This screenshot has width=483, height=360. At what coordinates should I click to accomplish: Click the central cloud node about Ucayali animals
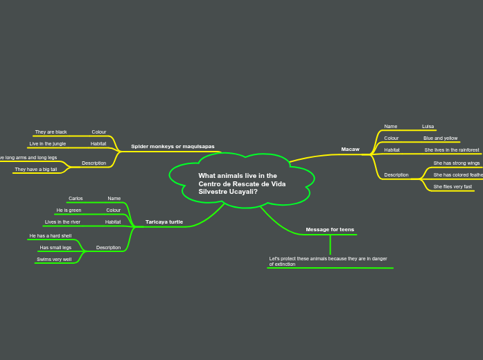coord(242,183)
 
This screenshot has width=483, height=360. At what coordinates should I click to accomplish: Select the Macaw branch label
coord(350,150)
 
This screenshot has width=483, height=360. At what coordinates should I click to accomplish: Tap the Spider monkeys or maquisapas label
coord(173,147)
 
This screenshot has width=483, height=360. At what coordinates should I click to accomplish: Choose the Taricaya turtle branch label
coord(164,222)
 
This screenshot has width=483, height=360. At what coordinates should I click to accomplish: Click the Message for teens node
coord(330,230)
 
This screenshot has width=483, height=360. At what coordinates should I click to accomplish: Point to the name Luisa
coord(428,127)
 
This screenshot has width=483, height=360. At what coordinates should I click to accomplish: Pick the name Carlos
coord(76,199)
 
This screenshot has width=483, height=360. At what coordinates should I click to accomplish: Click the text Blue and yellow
coord(441,138)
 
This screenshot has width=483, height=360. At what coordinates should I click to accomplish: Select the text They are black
coord(51,132)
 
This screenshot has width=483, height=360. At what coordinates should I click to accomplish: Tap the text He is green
coord(69,210)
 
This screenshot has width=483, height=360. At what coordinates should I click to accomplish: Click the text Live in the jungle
coord(48,143)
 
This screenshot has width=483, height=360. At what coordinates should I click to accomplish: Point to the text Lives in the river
coord(62,222)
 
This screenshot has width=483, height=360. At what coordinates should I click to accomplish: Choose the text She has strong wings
coord(457,163)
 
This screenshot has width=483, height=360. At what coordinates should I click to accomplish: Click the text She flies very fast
coord(453,187)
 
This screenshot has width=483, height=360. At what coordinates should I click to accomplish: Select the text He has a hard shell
coord(51,236)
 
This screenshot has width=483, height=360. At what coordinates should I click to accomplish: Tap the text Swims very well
coord(54,260)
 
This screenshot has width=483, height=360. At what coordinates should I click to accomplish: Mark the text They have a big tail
coord(36,169)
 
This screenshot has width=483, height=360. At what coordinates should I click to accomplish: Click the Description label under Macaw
coord(396,175)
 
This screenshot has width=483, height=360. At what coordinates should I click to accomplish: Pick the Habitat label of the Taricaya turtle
coord(113,222)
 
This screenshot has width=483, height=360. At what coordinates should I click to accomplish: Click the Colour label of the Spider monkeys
coord(99,132)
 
